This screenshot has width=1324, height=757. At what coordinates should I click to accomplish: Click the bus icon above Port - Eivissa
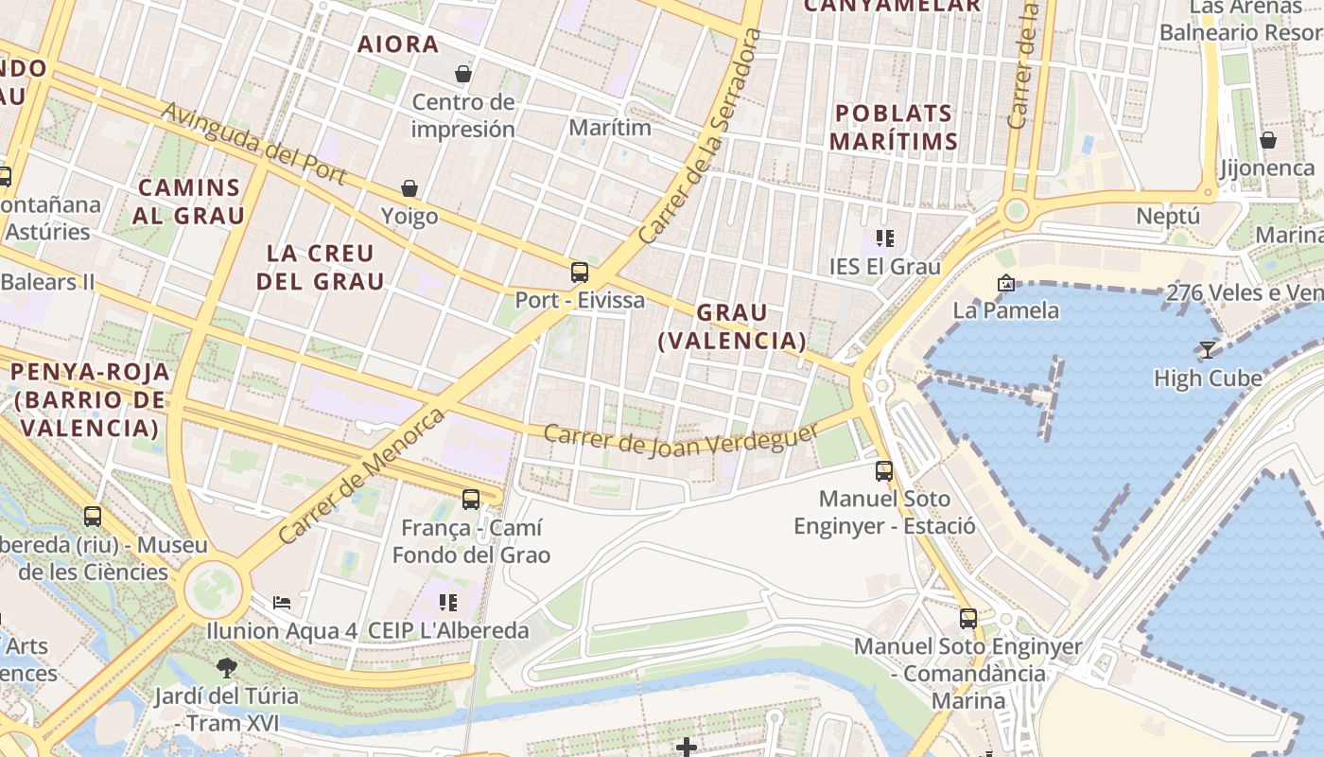(579, 273)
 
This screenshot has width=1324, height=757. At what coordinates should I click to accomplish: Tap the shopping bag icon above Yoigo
(409, 188)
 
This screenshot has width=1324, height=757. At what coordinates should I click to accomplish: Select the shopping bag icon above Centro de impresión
(463, 73)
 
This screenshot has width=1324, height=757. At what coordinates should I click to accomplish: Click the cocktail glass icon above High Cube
(1207, 350)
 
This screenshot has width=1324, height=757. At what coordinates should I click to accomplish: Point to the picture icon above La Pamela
(1005, 282)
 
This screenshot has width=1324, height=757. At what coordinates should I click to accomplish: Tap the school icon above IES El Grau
(885, 238)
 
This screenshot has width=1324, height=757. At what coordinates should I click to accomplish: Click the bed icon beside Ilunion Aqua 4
(282, 602)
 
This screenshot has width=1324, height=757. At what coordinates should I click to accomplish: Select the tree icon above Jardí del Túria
(226, 667)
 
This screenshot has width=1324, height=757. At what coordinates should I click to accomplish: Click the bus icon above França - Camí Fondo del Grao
(470, 499)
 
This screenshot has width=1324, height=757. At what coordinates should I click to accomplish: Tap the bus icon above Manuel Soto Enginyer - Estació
(883, 470)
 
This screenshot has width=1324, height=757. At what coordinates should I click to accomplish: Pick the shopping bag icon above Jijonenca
(1267, 140)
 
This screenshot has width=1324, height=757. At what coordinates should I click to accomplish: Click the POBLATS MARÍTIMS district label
(893, 128)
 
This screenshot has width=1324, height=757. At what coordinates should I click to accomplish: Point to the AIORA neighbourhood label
(398, 44)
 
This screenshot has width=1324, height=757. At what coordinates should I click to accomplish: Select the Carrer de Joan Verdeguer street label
(681, 438)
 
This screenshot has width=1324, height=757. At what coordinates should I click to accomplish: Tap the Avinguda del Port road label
(253, 144)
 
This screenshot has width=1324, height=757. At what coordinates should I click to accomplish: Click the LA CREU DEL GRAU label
(320, 267)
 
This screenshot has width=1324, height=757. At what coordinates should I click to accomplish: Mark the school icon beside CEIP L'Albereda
(448, 602)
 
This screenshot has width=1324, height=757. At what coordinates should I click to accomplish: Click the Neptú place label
(1167, 216)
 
